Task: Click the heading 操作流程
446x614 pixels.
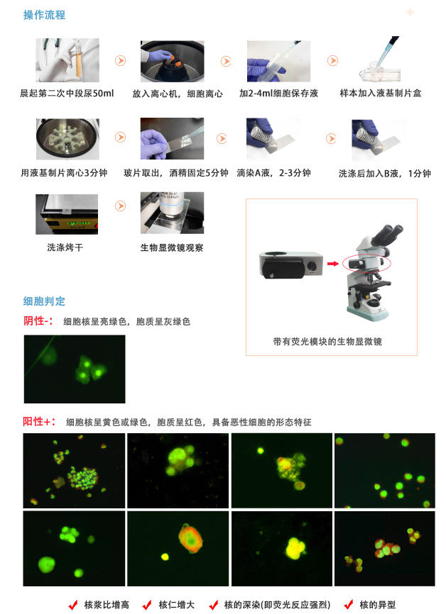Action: click(44, 15)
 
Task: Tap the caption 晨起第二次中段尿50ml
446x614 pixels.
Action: click(67, 93)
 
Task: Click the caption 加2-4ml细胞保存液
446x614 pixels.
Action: click(278, 93)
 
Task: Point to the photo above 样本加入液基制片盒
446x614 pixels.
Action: click(381, 61)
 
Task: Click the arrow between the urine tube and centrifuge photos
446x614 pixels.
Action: click(121, 61)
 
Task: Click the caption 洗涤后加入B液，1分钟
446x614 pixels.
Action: click(384, 173)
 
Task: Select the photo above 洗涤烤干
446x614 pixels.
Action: click(67, 213)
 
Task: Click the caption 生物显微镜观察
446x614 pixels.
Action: click(172, 247)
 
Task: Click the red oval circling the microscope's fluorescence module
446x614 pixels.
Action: click(366, 263)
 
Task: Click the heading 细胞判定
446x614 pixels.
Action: click(44, 301)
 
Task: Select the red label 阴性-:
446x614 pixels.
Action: click(39, 320)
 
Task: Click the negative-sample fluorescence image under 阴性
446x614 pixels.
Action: click(74, 369)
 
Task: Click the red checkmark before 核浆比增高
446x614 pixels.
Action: click(72, 605)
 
